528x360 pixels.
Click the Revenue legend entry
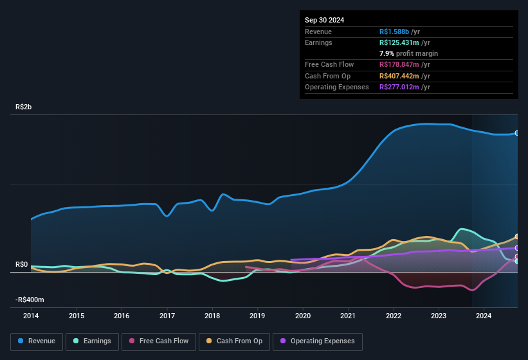(37, 341)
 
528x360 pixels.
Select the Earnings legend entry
(93, 341)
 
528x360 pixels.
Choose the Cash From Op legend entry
(234, 341)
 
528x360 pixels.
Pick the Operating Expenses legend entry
(318, 341)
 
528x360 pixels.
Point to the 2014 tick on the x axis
(31, 316)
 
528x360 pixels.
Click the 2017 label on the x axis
(167, 316)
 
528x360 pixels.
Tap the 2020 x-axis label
(303, 316)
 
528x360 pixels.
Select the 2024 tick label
(484, 316)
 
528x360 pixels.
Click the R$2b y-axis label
(23, 107)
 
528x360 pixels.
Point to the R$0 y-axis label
(21, 264)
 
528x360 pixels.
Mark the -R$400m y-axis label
(30, 300)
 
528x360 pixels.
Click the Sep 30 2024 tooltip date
(324, 20)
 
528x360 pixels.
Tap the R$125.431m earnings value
(401, 42)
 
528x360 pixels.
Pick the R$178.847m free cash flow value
(401, 65)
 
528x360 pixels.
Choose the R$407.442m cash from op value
(401, 76)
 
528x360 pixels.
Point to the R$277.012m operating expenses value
(401, 87)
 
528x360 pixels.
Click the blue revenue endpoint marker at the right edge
(517, 133)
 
